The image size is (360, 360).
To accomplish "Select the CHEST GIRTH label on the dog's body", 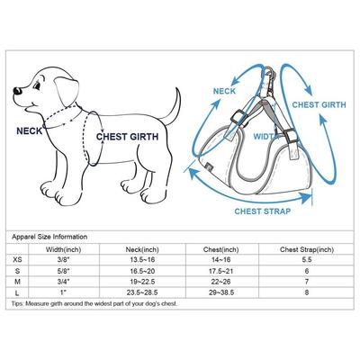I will [x=131, y=137].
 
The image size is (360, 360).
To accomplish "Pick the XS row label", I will [x=19, y=258].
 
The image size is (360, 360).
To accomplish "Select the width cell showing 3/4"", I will [x=62, y=282].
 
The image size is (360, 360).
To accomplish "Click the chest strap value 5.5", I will [x=306, y=258].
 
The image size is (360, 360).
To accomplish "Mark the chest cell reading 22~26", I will [x=226, y=282].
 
